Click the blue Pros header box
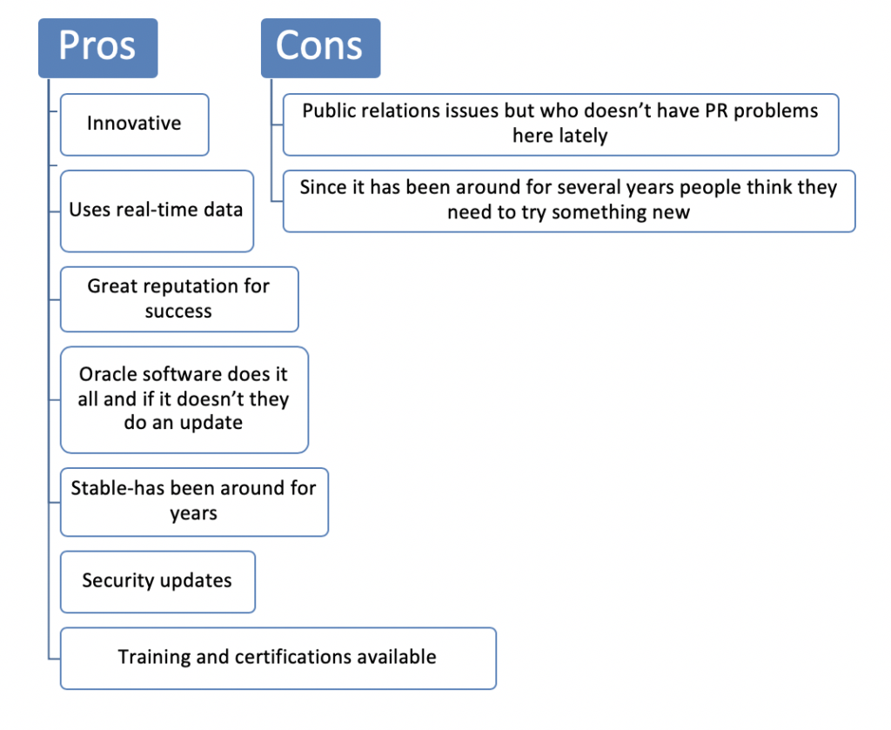point(97,48)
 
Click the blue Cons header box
point(320,48)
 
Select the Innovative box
point(135,124)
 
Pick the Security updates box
point(158,582)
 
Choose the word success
point(178,311)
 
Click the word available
point(400,657)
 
